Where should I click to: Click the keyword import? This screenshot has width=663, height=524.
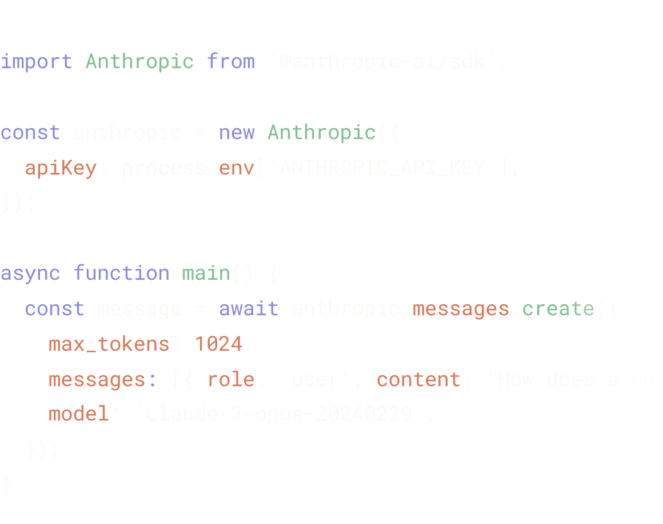coord(36,61)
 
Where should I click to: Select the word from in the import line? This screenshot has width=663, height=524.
coord(231,61)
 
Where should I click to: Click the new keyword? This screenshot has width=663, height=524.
coord(237,132)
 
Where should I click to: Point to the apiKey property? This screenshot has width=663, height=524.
coord(61,168)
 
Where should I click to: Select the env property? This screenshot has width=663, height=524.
coord(237,168)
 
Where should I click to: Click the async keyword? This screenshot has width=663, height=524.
coord(30,273)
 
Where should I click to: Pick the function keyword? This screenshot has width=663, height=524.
coord(121,273)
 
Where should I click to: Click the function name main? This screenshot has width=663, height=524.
coord(206,273)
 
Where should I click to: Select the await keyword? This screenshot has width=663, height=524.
coord(249,309)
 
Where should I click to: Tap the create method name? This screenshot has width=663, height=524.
coord(558,309)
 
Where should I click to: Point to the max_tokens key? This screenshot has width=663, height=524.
coord(109,344)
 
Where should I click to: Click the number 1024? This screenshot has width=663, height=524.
coord(218,344)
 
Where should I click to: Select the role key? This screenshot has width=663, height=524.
coord(230,380)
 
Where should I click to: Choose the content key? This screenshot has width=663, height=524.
coord(418,380)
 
